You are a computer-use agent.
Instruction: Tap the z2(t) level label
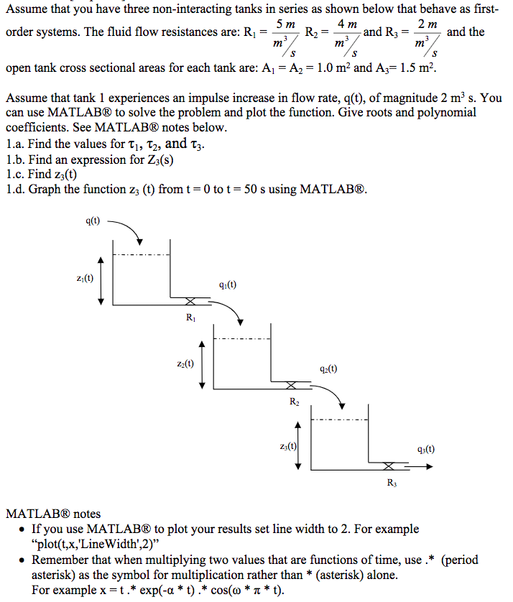pyautogui.click(x=184, y=363)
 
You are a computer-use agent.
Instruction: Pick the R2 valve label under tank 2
pyautogui.click(x=295, y=401)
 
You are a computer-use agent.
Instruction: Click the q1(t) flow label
pyautogui.click(x=226, y=284)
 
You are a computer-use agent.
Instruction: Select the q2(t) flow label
pyautogui.click(x=328, y=369)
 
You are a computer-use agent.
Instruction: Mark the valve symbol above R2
pyautogui.click(x=290, y=385)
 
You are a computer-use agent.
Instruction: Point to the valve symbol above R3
pyautogui.click(x=389, y=466)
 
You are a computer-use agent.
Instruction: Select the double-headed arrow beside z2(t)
pyautogui.click(x=202, y=364)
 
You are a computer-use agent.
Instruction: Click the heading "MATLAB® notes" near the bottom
pyautogui.click(x=53, y=514)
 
